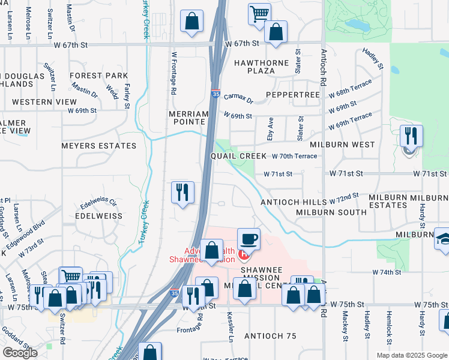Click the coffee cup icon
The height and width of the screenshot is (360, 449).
249,239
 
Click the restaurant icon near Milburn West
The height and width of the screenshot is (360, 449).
411,136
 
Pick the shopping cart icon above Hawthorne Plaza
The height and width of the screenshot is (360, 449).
259,13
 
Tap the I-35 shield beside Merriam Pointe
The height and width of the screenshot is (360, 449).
215,94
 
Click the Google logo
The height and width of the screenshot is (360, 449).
19,353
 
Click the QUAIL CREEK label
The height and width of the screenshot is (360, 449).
238,156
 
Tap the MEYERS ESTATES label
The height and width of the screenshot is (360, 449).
99,145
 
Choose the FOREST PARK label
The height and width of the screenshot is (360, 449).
98,76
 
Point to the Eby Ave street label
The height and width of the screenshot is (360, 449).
270,129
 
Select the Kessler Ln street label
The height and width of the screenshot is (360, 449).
231,326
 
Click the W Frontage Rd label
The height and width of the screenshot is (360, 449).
173,73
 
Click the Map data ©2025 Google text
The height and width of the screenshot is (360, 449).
411,355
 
